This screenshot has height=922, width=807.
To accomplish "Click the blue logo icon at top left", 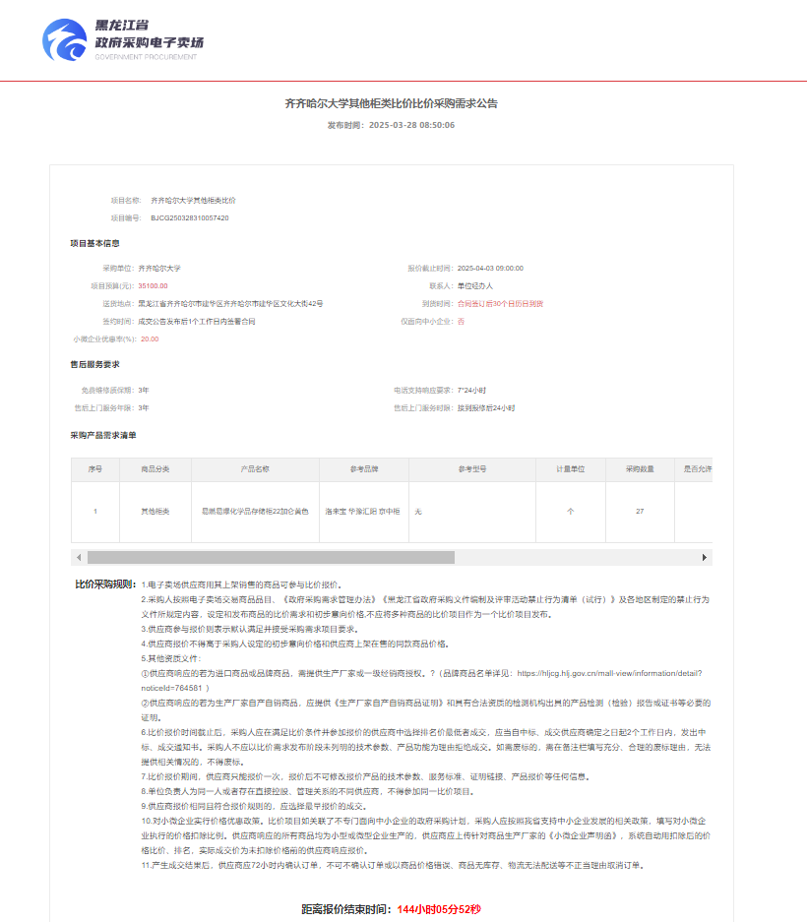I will pyautogui.click(x=66, y=39).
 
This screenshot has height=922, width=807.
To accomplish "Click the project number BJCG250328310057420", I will pyautogui.click(x=190, y=217).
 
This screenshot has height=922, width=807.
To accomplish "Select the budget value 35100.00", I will pyautogui.click(x=153, y=285).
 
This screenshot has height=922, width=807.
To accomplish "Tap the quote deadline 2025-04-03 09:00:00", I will pyautogui.click(x=489, y=268).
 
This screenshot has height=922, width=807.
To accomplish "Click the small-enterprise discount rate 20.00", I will pyautogui.click(x=150, y=338).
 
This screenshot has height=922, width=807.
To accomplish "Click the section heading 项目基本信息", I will pyautogui.click(x=94, y=243).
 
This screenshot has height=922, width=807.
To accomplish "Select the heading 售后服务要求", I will pyautogui.click(x=94, y=364).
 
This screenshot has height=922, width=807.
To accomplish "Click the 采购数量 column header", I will pyautogui.click(x=640, y=469).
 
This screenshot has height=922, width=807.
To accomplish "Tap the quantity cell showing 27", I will pyautogui.click(x=640, y=512).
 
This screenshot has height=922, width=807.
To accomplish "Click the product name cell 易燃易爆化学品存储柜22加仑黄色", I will pyautogui.click(x=255, y=512).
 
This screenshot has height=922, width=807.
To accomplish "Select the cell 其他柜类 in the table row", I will pyautogui.click(x=156, y=512).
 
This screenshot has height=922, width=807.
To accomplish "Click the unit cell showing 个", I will pyautogui.click(x=571, y=512).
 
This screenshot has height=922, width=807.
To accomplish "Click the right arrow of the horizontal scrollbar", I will pyautogui.click(x=705, y=557).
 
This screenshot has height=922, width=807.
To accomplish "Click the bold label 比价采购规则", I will pyautogui.click(x=106, y=584).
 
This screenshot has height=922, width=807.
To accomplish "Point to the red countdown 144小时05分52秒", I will pyautogui.click(x=439, y=909).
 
